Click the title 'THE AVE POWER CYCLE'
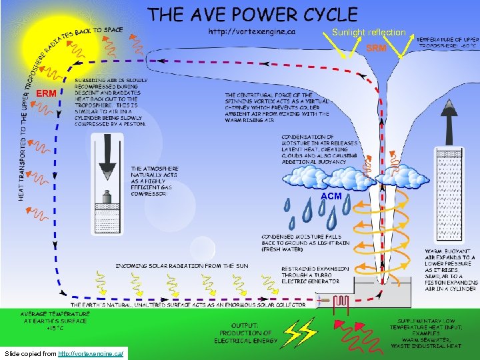tap(253, 14)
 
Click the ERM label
tap(47, 93)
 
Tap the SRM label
tap(377, 48)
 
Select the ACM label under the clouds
tap(331, 196)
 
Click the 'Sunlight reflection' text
tap(369, 32)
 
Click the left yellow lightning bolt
tap(293, 332)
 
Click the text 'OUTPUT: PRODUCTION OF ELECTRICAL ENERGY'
tap(243, 333)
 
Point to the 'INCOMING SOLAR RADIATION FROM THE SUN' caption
tap(182, 266)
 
